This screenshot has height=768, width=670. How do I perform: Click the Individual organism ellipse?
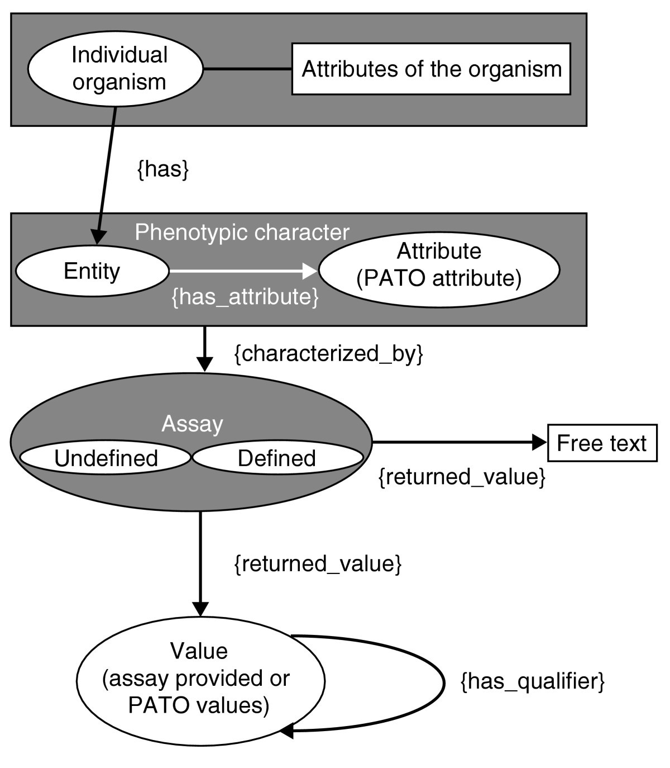pyautogui.click(x=116, y=69)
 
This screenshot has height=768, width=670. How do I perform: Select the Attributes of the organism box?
pyautogui.click(x=431, y=69)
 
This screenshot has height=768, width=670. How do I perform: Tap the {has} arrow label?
pyautogui.click(x=163, y=169)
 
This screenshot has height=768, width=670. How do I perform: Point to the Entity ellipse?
pyautogui.click(x=92, y=271)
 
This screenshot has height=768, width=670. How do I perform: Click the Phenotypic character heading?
pyautogui.click(x=242, y=232)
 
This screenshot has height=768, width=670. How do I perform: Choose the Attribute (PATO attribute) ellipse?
pyautogui.click(x=439, y=270)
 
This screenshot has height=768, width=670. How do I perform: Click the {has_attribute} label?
pyautogui.click(x=245, y=297)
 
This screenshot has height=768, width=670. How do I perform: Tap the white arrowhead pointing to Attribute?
pyautogui.click(x=310, y=271)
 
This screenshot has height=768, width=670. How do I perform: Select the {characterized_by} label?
pyautogui.click(x=328, y=354)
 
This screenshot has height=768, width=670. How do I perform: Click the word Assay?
pyautogui.click(x=192, y=424)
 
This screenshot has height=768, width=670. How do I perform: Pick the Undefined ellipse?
pyautogui.click(x=106, y=458)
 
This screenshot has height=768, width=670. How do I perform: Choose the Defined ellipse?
pyautogui.click(x=277, y=458)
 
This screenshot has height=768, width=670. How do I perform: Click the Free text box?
pyautogui.click(x=602, y=443)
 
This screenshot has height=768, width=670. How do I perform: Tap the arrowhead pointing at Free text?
pyautogui.click(x=540, y=442)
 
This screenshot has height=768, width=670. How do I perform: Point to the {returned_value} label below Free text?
pyautogui.click(x=462, y=477)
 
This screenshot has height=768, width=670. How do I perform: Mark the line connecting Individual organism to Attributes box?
pyautogui.click(x=247, y=69)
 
